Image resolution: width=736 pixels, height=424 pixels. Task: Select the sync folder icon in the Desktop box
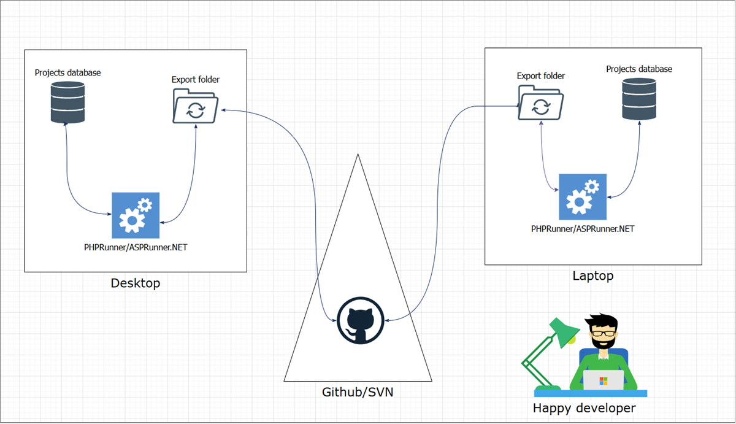point(195,106)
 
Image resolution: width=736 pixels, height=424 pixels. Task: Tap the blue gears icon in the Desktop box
point(136,215)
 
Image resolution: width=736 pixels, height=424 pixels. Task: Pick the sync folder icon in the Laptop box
point(540,102)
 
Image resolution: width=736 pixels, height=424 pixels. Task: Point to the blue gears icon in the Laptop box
point(583,197)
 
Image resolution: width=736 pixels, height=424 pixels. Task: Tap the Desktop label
point(136,283)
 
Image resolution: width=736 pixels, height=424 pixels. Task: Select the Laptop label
point(592,276)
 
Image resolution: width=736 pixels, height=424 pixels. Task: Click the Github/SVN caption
point(358,392)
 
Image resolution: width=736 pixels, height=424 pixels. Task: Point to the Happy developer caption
point(584,408)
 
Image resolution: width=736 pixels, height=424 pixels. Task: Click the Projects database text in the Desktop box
point(67,73)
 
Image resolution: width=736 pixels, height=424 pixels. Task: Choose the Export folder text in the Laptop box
point(540,76)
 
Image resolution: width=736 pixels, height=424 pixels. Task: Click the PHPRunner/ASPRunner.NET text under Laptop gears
point(583,229)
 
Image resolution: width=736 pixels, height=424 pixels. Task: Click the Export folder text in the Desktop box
point(195,80)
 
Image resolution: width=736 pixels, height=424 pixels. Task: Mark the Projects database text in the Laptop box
point(639,69)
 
